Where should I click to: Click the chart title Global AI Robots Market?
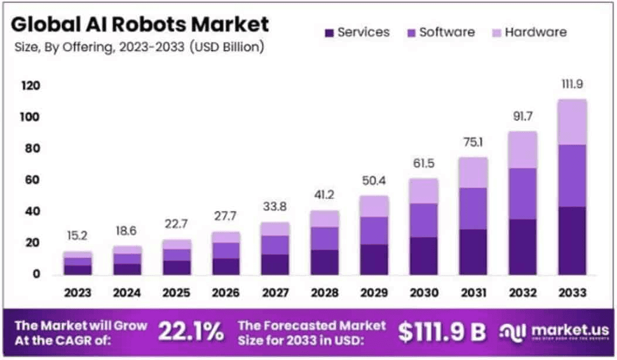click(x=140, y=25)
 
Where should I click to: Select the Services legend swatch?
click(x=329, y=32)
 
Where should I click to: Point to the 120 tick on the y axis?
click(x=32, y=86)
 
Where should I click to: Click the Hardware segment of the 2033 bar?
click(x=571, y=122)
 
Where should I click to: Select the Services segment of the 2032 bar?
click(x=522, y=246)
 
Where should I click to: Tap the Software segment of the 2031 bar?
click(x=473, y=208)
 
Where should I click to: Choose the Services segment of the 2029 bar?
click(x=374, y=259)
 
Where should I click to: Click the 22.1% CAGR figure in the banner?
click(x=190, y=332)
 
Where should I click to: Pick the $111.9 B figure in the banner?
click(x=442, y=332)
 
